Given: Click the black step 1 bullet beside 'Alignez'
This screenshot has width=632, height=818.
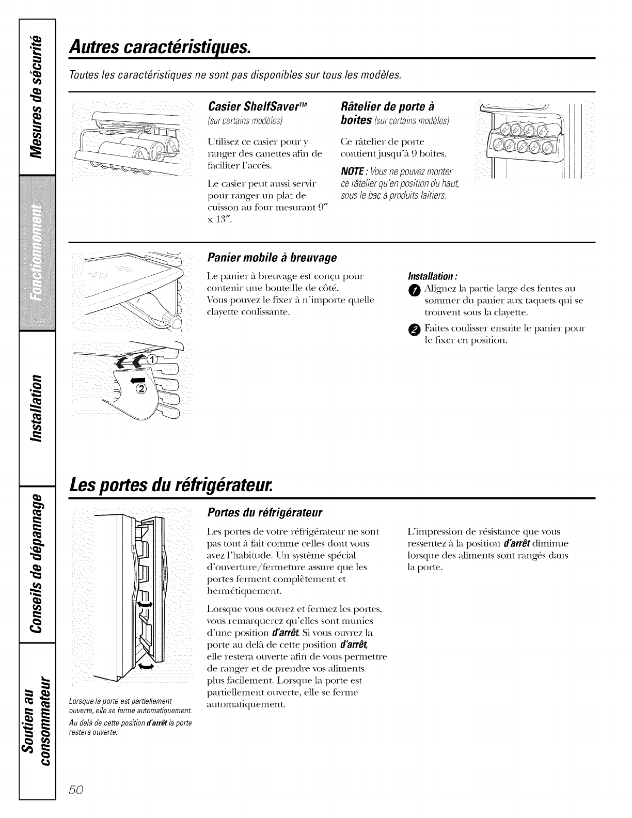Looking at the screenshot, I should pos(416,289).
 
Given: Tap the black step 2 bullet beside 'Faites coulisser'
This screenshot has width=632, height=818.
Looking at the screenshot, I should pos(416,329).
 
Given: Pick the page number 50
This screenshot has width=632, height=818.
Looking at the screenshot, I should pos(80,791).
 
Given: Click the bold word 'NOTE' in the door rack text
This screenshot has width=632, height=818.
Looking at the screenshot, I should pos(353,171).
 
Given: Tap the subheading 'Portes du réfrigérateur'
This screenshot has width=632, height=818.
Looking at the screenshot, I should pos(264,513).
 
